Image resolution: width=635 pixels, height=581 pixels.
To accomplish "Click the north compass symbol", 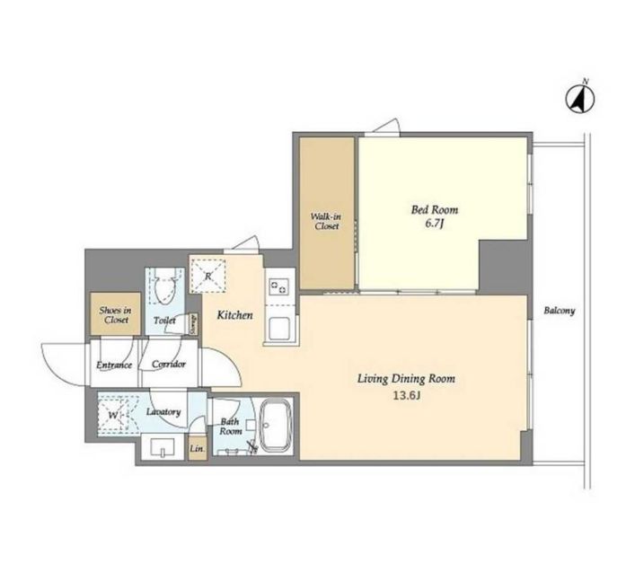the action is point(580,99).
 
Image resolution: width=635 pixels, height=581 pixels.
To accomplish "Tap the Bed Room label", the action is point(435,210).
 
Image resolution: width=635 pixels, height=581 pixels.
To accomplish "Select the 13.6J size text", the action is point(406,396).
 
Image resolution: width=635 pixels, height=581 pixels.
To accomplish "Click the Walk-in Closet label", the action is point(326,221).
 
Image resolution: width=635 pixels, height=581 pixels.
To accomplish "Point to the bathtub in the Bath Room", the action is point(276,425).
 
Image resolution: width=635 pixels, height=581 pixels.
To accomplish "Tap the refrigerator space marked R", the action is point(207,276).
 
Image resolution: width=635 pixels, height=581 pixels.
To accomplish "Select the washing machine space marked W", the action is point(112,415).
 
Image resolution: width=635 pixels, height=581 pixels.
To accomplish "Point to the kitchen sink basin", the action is point(278,329).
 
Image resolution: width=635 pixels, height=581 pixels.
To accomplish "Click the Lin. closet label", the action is point(198,449).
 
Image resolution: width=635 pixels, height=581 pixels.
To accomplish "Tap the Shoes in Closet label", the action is point(116,315).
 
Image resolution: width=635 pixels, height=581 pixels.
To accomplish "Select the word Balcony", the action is point(560,311).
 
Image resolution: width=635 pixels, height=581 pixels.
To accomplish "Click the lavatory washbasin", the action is point(162,447).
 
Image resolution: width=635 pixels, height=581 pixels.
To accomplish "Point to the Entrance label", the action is point(114,365).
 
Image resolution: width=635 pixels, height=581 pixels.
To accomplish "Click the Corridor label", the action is point(169,364).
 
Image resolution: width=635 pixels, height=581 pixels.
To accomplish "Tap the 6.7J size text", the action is point(435,224).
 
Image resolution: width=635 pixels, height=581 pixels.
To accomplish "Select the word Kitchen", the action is point(235,315).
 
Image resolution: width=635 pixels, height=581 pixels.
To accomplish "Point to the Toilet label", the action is point(165,321).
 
